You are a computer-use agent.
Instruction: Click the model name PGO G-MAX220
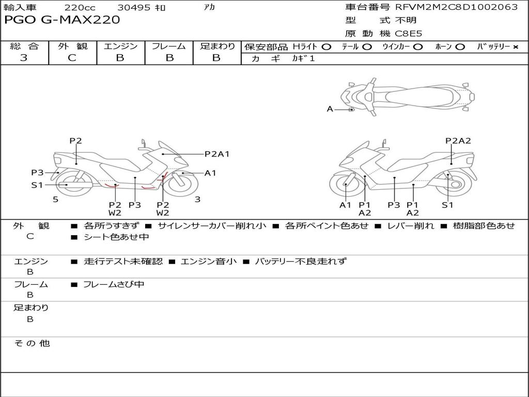[62, 20]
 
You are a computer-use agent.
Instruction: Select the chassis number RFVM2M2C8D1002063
[456, 7]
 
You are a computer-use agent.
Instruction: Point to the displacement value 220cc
[80, 7]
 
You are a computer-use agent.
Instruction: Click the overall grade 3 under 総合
[24, 57]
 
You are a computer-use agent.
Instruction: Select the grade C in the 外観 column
[72, 57]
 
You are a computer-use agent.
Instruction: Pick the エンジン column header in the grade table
[120, 46]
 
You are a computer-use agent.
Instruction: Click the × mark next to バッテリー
[515, 47]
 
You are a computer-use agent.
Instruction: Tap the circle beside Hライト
[326, 47]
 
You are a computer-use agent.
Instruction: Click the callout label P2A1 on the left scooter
[217, 154]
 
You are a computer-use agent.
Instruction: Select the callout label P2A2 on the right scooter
[458, 141]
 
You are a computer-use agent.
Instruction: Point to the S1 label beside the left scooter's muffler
[37, 185]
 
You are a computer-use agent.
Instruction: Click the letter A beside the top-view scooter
[330, 109]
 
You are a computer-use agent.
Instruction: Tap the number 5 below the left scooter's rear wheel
[56, 200]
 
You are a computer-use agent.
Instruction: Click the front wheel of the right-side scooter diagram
[346, 185]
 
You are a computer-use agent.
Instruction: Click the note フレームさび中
[114, 284]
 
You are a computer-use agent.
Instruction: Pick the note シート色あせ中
[116, 237]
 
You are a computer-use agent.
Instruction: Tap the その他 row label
[32, 343]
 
